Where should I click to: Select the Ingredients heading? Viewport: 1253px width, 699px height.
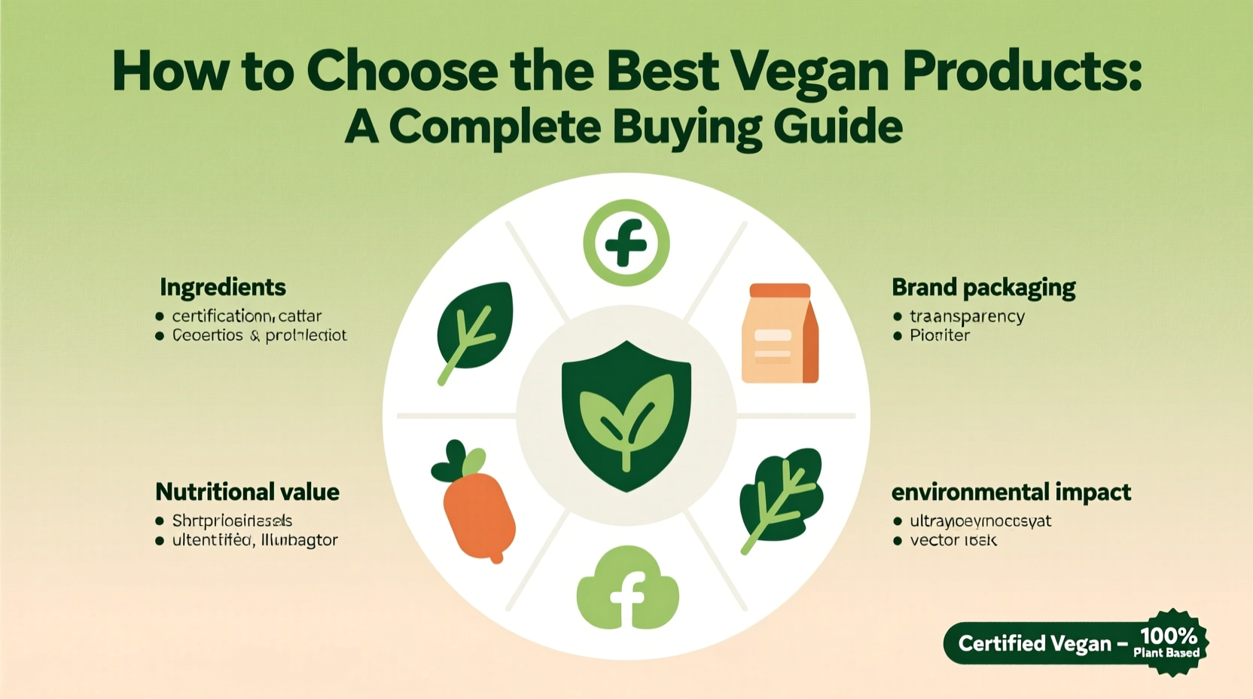(x=223, y=287)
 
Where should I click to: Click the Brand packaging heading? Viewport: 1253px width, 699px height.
(x=983, y=287)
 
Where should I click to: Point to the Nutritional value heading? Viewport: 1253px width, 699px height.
(x=247, y=492)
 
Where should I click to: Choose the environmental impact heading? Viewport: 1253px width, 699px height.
(x=1011, y=492)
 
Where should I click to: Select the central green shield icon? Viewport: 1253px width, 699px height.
(x=626, y=415)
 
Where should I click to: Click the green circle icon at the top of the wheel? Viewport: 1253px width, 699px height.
(x=626, y=243)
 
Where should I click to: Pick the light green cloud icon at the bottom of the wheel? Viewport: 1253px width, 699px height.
(x=627, y=590)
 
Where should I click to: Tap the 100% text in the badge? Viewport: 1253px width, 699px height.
(x=1169, y=636)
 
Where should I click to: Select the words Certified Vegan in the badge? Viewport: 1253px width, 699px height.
(x=1035, y=644)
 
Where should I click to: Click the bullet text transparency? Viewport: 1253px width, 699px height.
(x=967, y=316)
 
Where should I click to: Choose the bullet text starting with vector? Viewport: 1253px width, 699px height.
(x=953, y=540)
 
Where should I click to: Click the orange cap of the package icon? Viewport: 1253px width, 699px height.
(x=780, y=291)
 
